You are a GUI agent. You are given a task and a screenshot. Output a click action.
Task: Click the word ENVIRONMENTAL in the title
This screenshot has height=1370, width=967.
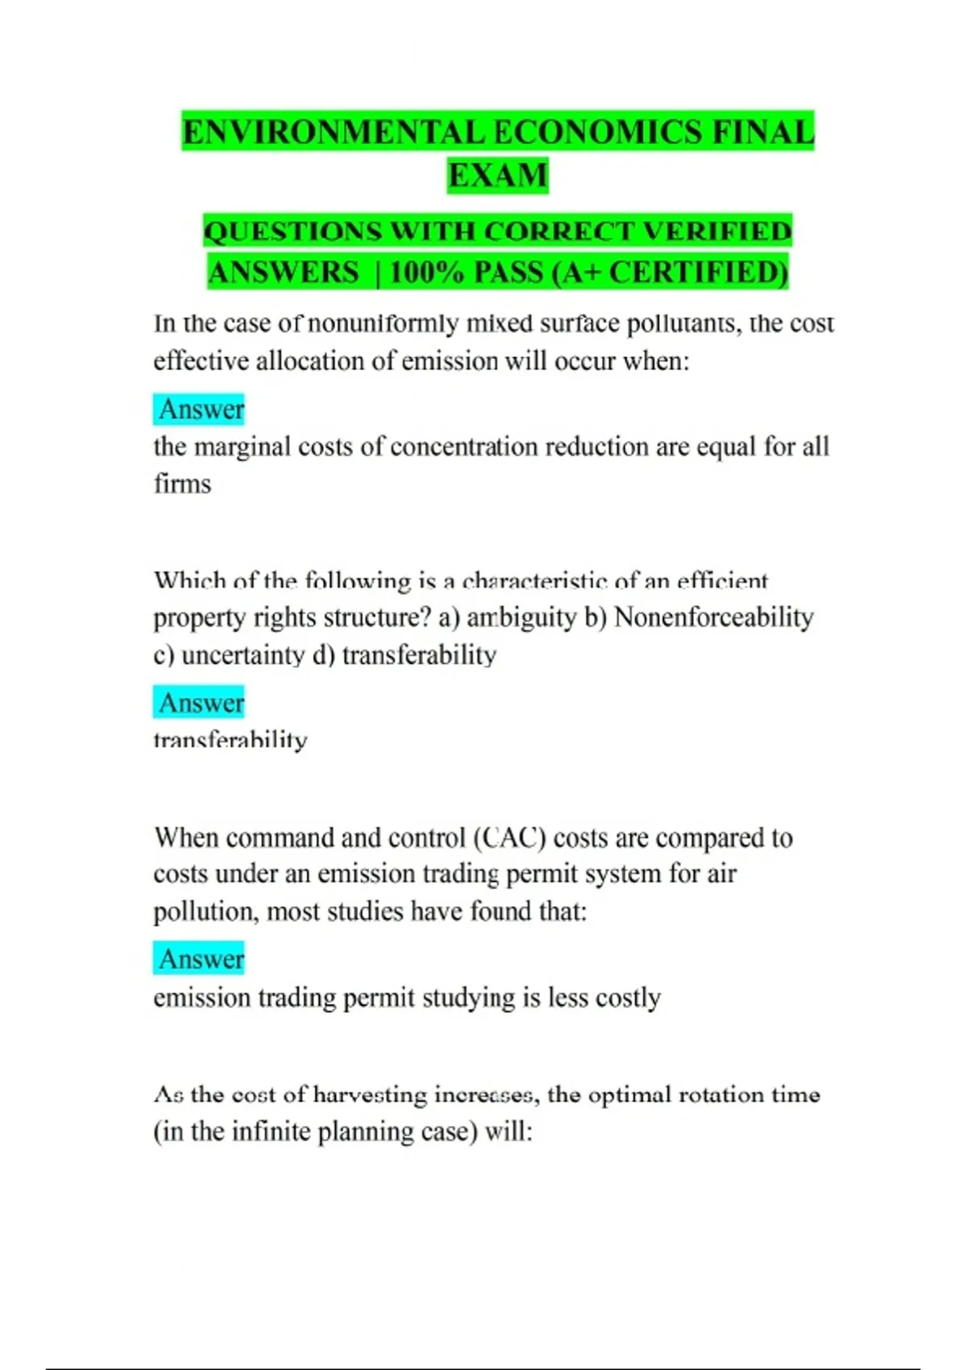pos(333,133)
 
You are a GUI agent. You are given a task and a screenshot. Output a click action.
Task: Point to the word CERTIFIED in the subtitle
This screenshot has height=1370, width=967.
pos(698,272)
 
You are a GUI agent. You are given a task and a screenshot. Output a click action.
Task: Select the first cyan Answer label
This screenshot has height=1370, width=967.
pos(201,409)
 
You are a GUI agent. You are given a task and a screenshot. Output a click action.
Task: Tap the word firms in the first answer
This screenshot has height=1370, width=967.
pos(182,484)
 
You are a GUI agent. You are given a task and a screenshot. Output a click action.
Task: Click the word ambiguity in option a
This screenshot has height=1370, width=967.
pos(521,617)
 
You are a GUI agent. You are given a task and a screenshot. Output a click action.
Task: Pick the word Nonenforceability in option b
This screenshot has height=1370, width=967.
pos(713,617)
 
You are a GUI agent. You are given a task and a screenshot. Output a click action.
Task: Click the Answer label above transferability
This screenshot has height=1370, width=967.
pos(201,703)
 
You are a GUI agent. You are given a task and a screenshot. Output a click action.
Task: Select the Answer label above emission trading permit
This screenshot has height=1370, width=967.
pos(201,959)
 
